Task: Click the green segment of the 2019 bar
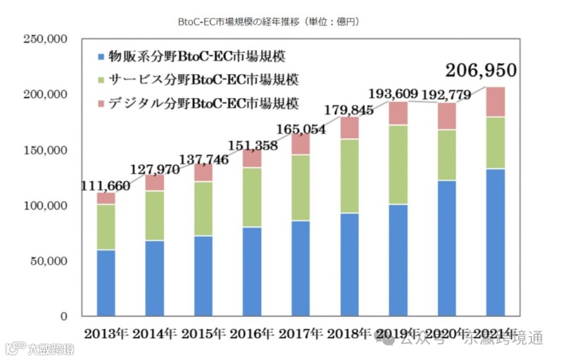point(398,164)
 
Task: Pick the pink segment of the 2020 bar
point(447,116)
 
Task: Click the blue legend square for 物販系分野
point(102,55)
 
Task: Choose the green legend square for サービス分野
point(102,80)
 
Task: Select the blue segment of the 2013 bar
point(106,283)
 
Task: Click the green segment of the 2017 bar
point(301,187)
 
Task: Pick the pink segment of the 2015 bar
point(203,173)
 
